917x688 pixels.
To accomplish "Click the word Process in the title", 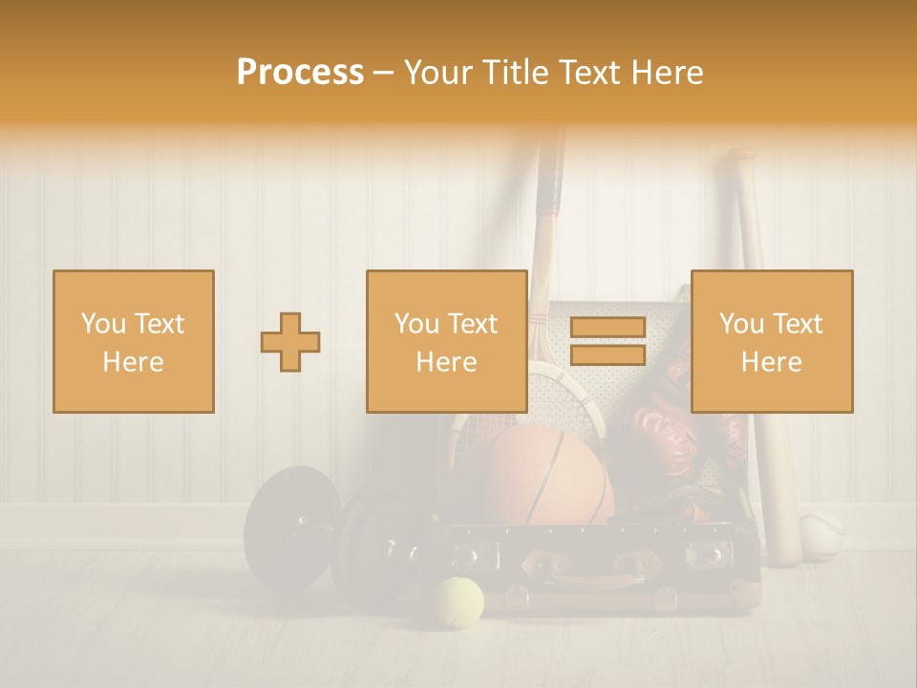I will coord(300,73).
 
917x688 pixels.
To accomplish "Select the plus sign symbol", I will coord(290,342).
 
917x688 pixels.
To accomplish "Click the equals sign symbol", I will coord(608,341).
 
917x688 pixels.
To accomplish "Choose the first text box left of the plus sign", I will coord(134,341).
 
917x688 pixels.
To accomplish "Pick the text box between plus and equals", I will coord(446,341).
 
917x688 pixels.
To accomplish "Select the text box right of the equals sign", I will coord(771,341).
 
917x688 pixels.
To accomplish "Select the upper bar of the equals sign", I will coord(608,328).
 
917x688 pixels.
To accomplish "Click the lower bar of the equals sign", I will coord(608,355).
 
